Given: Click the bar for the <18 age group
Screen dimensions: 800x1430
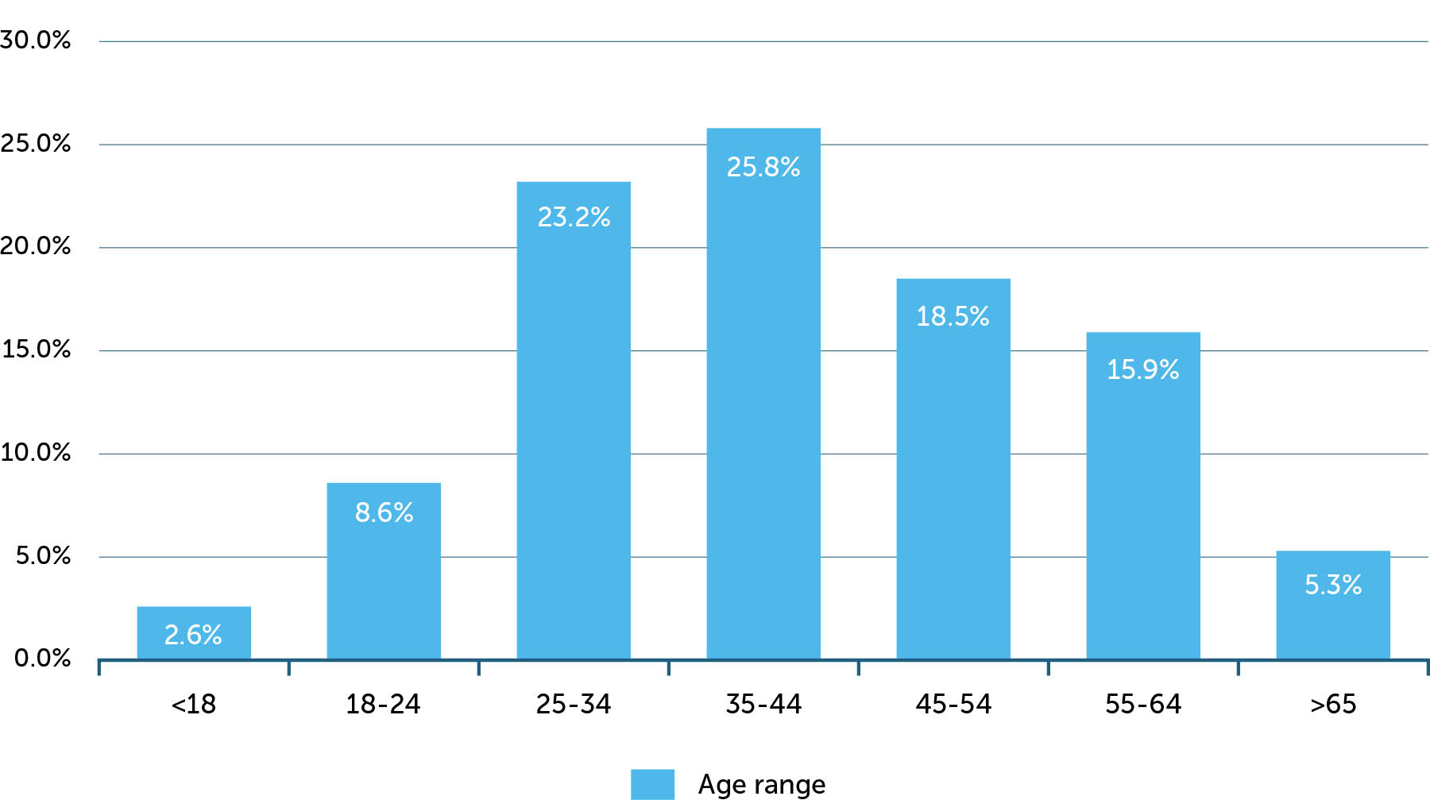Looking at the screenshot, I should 194,632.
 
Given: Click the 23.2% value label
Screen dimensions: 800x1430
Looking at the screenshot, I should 574,217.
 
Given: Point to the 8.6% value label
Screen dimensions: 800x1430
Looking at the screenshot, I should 384,512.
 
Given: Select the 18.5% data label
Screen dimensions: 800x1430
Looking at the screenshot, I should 953,316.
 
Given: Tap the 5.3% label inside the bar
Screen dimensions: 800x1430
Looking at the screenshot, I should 1333,585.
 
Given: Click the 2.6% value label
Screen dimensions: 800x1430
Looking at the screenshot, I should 193,635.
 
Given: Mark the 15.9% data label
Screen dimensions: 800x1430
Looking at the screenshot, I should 1142,369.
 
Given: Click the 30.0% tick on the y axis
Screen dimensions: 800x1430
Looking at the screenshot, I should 36,40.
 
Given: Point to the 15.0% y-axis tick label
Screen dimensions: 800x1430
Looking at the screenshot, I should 36,349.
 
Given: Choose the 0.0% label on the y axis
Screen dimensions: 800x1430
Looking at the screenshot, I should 42,658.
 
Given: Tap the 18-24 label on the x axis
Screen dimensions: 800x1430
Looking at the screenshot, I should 383,704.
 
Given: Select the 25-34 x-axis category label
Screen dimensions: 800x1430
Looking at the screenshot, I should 574,704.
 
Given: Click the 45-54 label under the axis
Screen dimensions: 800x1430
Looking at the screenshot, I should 953,704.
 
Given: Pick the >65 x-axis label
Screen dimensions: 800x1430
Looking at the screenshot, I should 1333,704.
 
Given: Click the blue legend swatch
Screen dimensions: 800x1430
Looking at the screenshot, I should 652,784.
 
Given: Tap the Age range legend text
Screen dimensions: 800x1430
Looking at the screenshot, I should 761,785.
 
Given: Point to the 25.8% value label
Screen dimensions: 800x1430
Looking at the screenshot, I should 763,167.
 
